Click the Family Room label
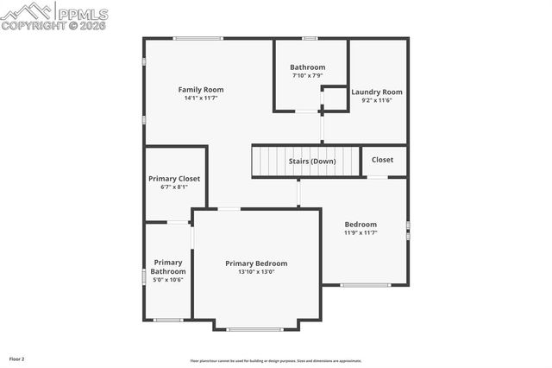click(201, 89)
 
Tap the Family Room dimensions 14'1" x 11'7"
click(201, 98)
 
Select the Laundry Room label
click(377, 92)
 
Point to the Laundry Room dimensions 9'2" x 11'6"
click(377, 100)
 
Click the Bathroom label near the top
click(307, 67)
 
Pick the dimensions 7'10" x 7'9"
click(307, 76)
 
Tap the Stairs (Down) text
click(312, 161)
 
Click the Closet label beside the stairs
click(382, 160)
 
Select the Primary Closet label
click(174, 178)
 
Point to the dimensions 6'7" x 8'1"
click(174, 187)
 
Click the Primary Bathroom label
click(168, 267)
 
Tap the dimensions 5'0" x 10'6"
click(168, 280)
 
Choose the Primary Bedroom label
click(256, 263)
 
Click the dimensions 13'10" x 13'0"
click(256, 272)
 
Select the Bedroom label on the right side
click(361, 224)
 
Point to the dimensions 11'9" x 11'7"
click(361, 232)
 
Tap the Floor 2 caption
click(17, 358)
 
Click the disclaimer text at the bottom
click(275, 361)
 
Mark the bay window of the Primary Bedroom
click(255, 329)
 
